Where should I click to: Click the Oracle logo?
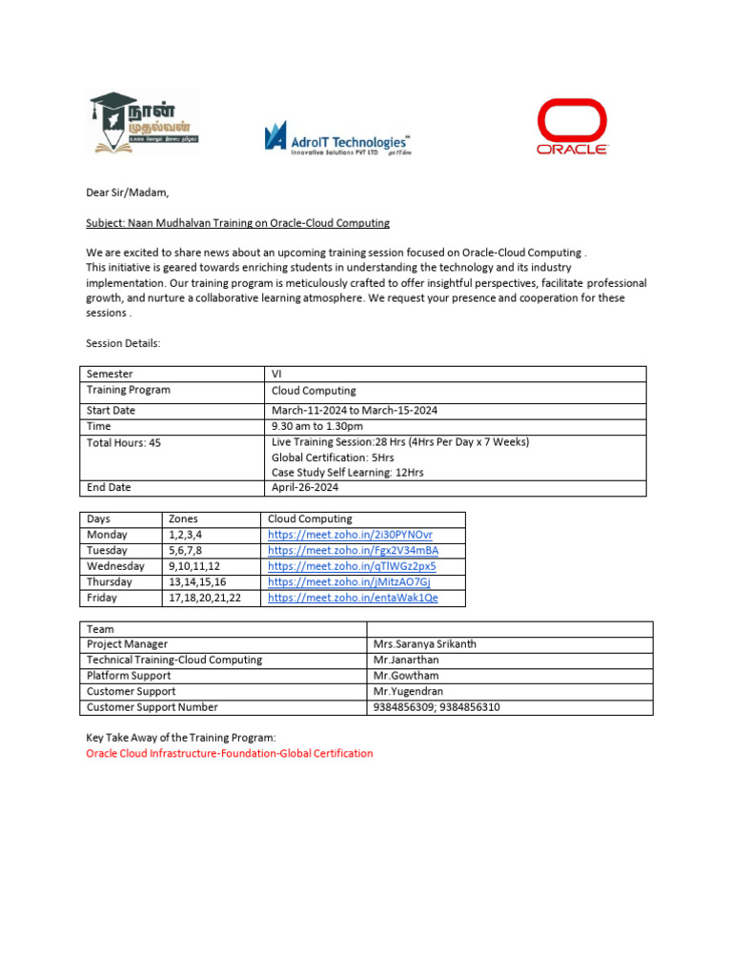pyautogui.click(x=572, y=127)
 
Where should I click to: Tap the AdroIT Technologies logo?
pyautogui.click(x=336, y=137)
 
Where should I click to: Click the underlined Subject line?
pyautogui.click(x=237, y=223)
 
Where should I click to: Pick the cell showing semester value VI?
pyautogui.click(x=277, y=375)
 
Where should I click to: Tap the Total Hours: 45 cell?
pyautogui.click(x=124, y=443)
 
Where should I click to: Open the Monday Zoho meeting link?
pyautogui.click(x=350, y=535)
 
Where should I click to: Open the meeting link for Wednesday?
pyautogui.click(x=352, y=566)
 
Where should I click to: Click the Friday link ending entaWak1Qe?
pyautogui.click(x=353, y=598)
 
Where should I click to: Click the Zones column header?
pyautogui.click(x=183, y=518)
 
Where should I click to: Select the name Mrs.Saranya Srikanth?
pyautogui.click(x=425, y=644)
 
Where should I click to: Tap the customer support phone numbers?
pyautogui.click(x=437, y=707)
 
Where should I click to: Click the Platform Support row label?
pyautogui.click(x=129, y=676)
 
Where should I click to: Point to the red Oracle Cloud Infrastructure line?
pyautogui.click(x=230, y=753)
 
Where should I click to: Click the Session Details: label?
pyautogui.click(x=124, y=343)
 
